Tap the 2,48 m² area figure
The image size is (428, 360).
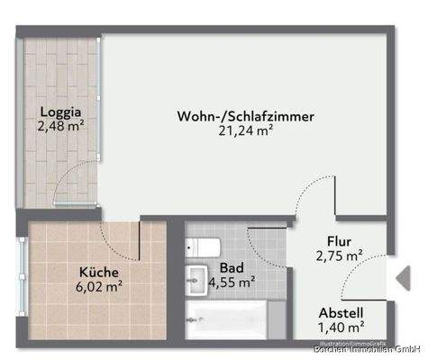pyautogui.click(x=61, y=127)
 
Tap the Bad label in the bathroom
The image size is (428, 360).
pyautogui.click(x=231, y=268)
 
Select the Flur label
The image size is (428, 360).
pyautogui.click(x=339, y=241)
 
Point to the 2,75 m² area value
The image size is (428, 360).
pyautogui.click(x=339, y=256)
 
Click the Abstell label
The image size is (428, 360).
pyautogui.click(x=341, y=315)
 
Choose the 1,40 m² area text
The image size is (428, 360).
pyautogui.click(x=341, y=329)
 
